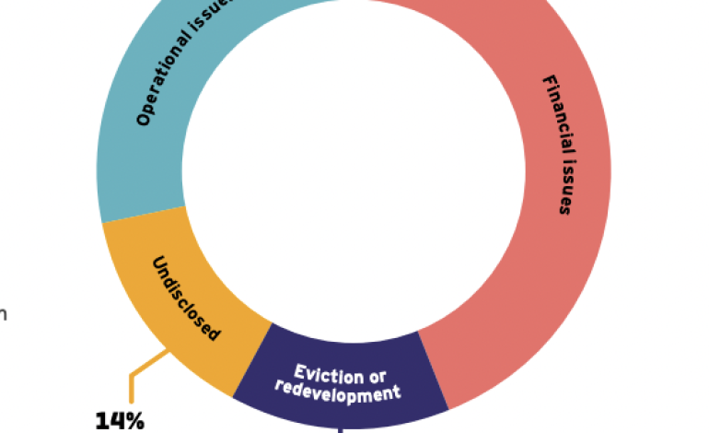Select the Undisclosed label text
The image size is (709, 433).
click(x=185, y=298)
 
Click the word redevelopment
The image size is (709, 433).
click(x=338, y=391)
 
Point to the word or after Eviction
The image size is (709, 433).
click(x=376, y=377)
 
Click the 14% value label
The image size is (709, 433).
click(x=120, y=421)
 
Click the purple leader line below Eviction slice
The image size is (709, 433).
click(x=340, y=428)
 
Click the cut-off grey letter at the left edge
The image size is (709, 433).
click(x=3, y=314)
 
